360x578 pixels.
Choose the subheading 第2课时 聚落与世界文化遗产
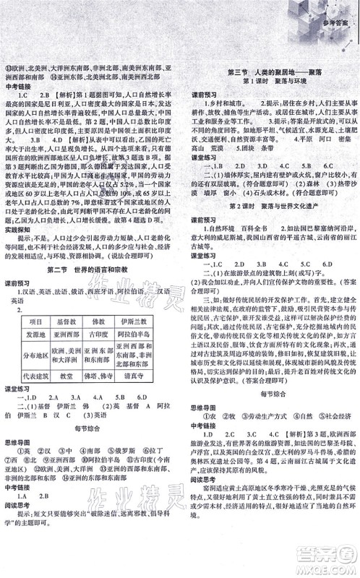pyautogui.click(x=269, y=226)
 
